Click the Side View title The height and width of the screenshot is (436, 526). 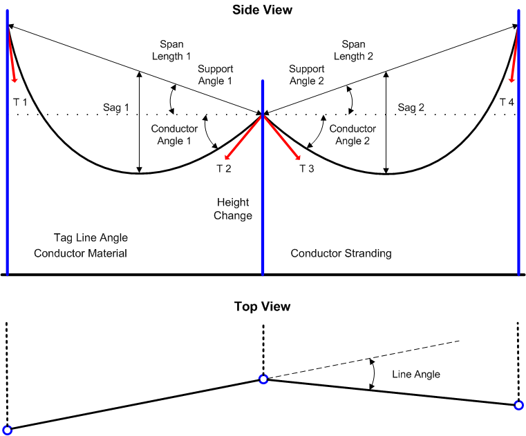pos(262,10)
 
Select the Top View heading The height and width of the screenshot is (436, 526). pos(262,306)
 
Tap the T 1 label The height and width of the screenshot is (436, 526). pos(21,102)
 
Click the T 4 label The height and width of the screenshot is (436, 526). pos(507,102)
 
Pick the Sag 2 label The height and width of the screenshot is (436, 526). pos(413,108)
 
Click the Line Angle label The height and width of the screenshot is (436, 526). pos(416,374)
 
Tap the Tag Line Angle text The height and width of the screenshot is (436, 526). pos(91,238)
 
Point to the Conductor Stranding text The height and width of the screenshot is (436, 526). pos(341,253)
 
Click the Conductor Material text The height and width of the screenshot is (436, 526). pos(81,253)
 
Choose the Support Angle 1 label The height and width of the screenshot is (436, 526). pos(216,75)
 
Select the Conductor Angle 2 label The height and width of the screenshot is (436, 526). pos(353,135)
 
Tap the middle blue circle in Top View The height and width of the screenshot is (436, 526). pos(263,379)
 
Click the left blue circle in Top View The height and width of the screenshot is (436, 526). pos(8,429)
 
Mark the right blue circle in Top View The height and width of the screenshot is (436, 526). pos(519,405)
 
